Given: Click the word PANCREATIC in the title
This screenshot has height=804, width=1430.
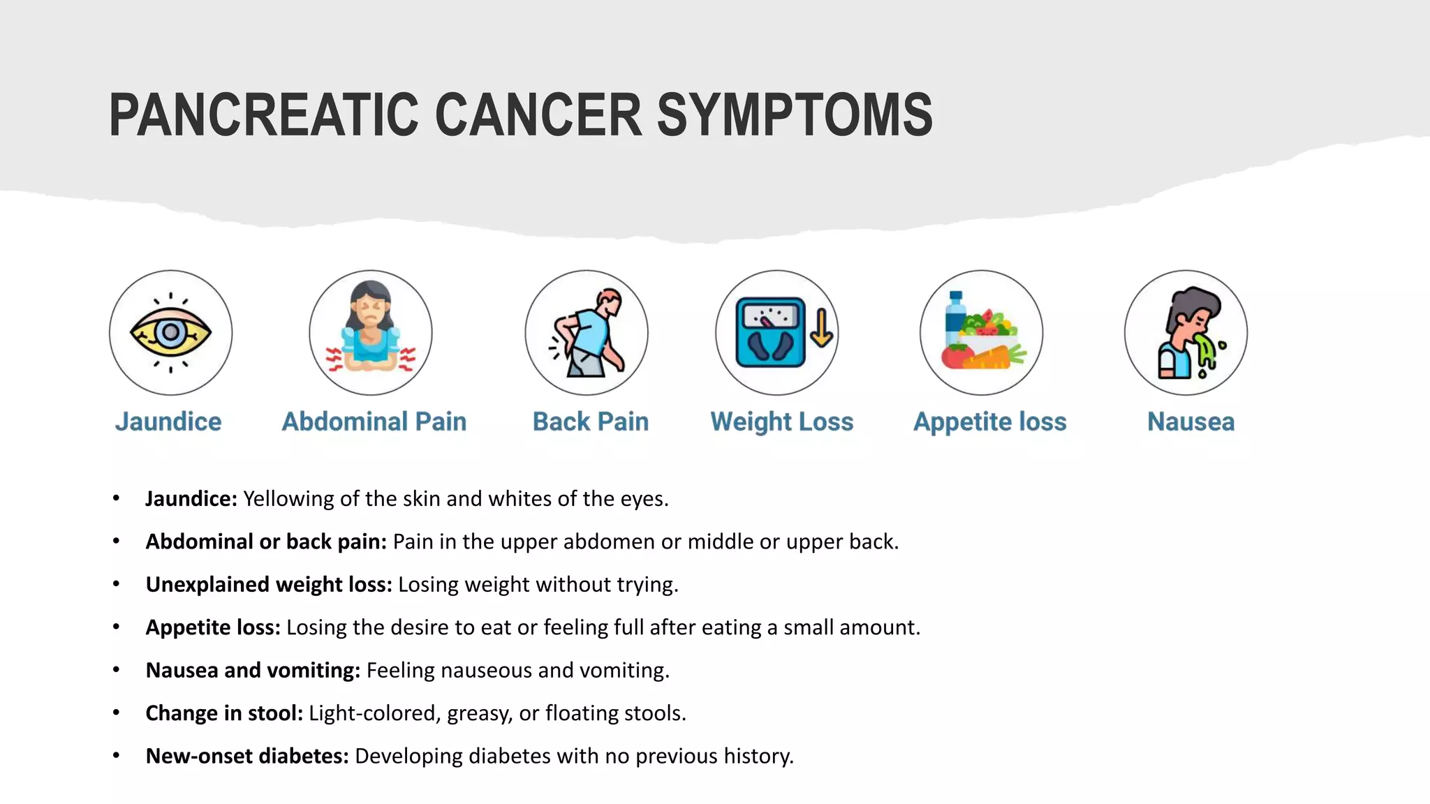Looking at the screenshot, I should pyautogui.click(x=263, y=115).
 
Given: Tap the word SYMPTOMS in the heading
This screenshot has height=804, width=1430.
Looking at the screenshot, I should pyautogui.click(x=794, y=115).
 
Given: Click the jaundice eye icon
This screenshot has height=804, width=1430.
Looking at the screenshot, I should pyautogui.click(x=170, y=332).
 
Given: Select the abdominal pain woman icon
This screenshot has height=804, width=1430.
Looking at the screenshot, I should pyautogui.click(x=371, y=332).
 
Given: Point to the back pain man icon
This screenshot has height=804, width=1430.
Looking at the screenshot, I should pyautogui.click(x=587, y=332).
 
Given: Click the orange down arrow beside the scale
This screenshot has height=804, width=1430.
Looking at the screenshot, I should pyautogui.click(x=821, y=328).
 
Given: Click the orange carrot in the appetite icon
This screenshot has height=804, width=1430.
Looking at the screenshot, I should pyautogui.click(x=992, y=357).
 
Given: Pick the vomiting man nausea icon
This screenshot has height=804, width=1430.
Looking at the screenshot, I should pyautogui.click(x=1186, y=332).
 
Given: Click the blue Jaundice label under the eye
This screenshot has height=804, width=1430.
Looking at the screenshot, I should pyautogui.click(x=168, y=422).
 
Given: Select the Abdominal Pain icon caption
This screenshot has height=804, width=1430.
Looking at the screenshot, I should pyautogui.click(x=374, y=422).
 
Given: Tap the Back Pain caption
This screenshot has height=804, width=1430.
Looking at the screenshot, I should pyautogui.click(x=590, y=422).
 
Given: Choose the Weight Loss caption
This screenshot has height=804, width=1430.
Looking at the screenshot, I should pyautogui.click(x=781, y=422).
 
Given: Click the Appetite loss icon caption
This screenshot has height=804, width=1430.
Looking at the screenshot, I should pyautogui.click(x=989, y=422).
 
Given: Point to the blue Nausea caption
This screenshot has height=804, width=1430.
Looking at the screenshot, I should pyautogui.click(x=1191, y=422).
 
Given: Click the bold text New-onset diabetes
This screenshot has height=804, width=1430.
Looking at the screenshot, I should pyautogui.click(x=246, y=756).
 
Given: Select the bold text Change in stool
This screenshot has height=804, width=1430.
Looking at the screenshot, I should pyautogui.click(x=224, y=713).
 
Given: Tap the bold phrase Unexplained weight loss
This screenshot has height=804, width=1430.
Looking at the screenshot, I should pyautogui.click(x=269, y=584).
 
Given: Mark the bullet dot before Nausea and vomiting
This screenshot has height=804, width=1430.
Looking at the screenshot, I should pyautogui.click(x=116, y=670).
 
